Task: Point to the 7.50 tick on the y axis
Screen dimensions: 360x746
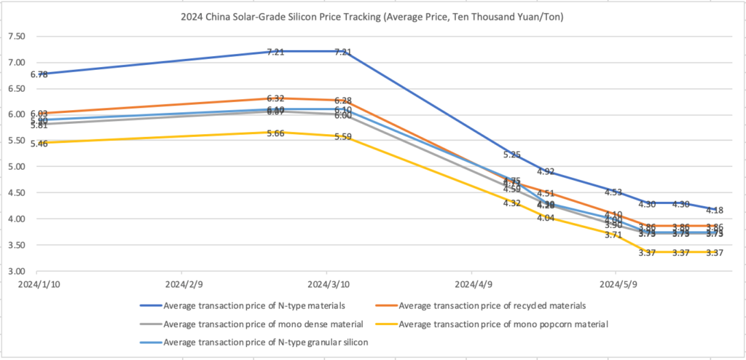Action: [x=15, y=36]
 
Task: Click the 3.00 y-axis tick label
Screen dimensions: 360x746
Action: [x=15, y=271]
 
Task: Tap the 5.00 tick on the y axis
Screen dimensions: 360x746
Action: [x=15, y=167]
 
